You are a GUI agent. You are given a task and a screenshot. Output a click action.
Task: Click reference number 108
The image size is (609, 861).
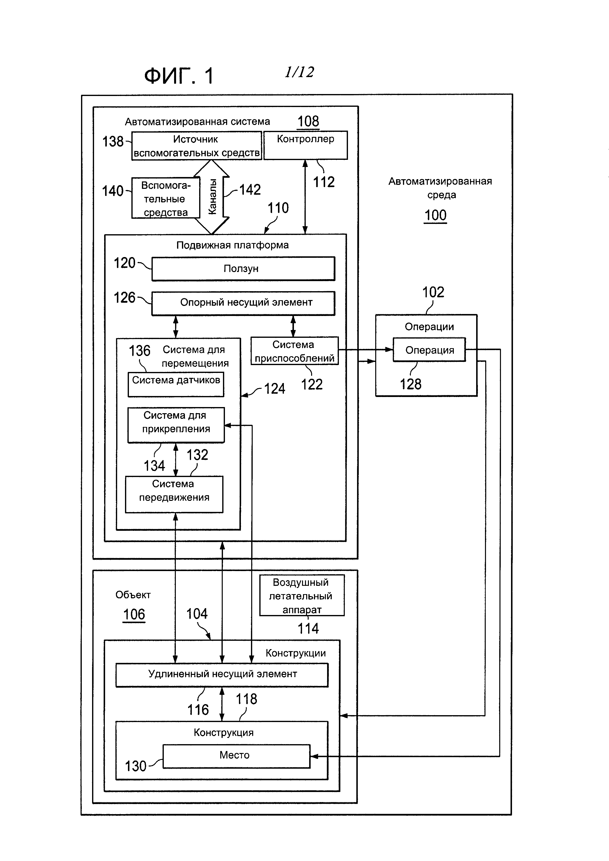click(x=308, y=122)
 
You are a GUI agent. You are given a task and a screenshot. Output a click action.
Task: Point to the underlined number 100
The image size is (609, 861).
click(x=435, y=216)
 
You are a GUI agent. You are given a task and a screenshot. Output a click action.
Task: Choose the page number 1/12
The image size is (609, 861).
click(x=299, y=72)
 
